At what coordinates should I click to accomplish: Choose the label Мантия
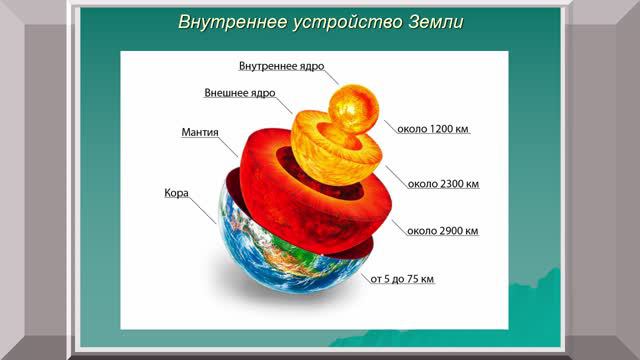(200, 131)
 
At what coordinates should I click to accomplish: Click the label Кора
(176, 191)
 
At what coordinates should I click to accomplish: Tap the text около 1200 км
(432, 129)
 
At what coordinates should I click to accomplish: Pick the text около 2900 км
(442, 231)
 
